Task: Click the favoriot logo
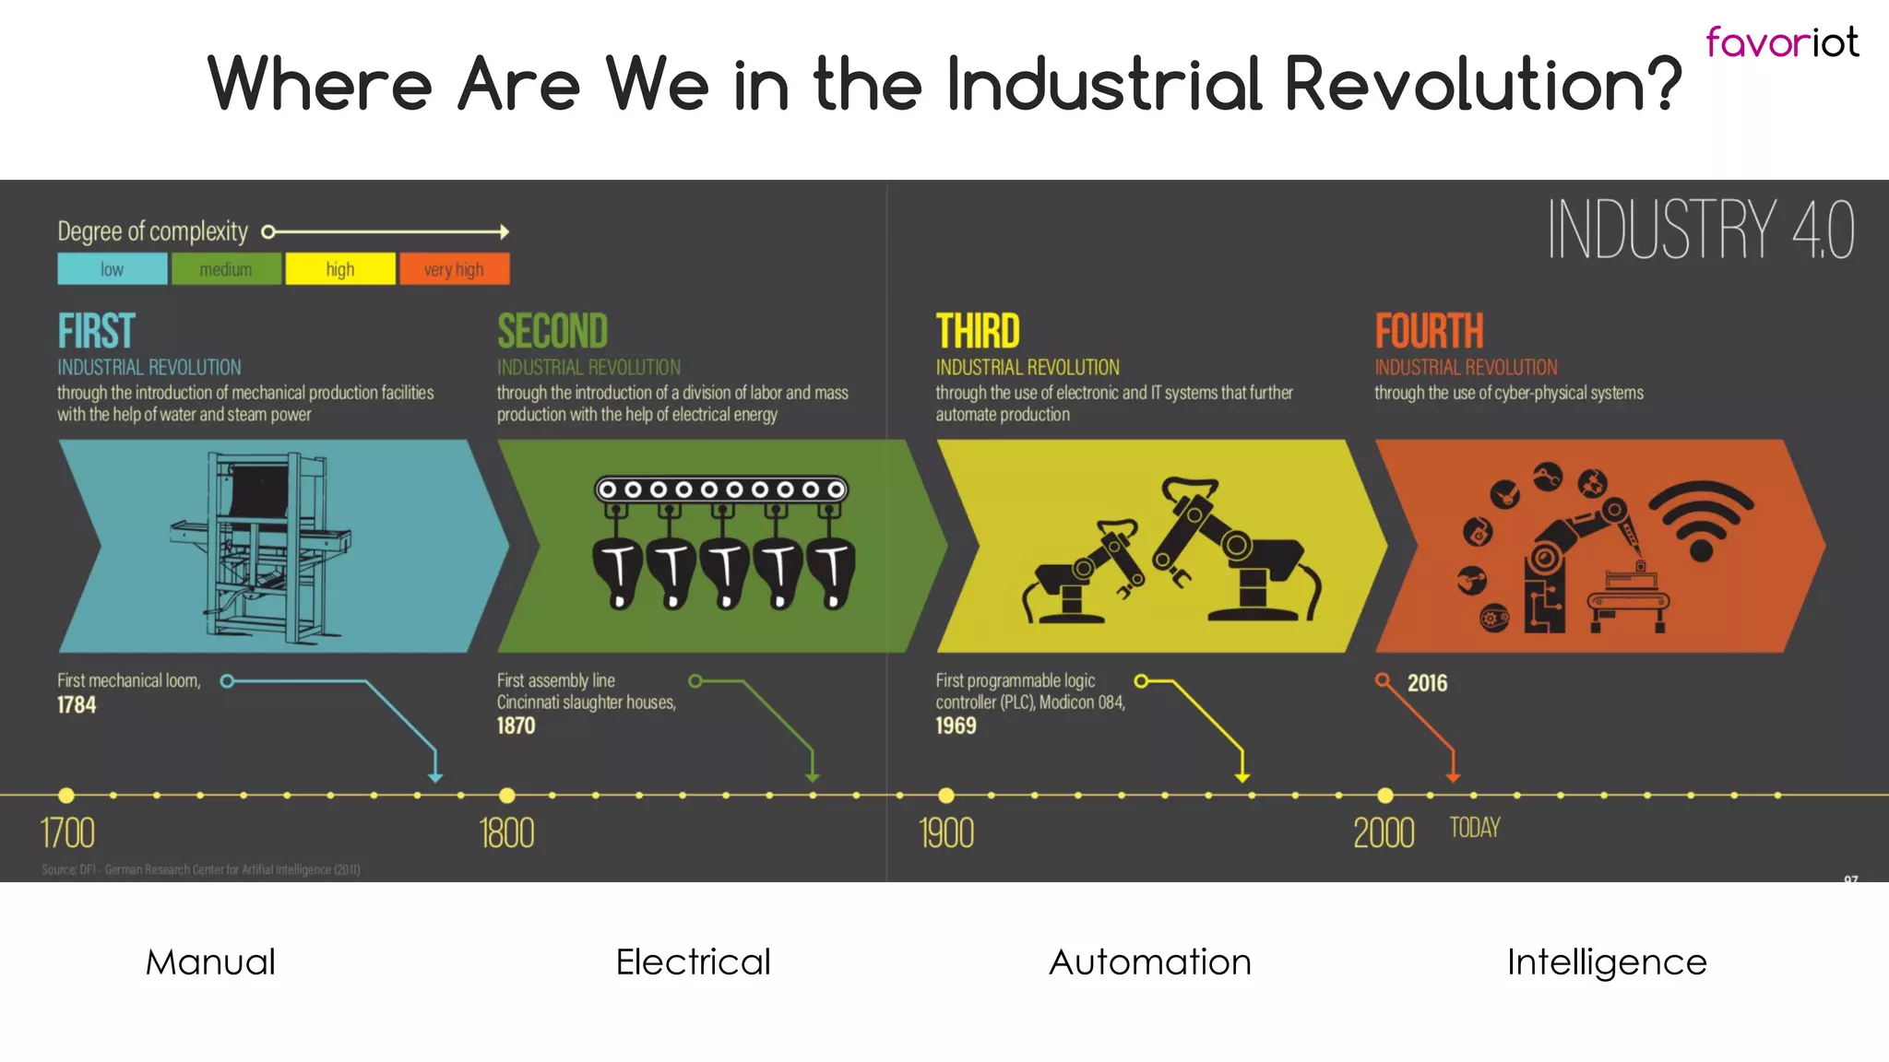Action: [x=1781, y=42]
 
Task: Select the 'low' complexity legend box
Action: [x=113, y=269]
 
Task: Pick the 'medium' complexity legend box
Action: [x=226, y=269]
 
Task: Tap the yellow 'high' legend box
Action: [x=340, y=269]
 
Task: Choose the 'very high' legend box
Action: [x=454, y=269]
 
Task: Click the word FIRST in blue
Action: [x=97, y=331]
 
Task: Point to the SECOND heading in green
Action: [x=552, y=331]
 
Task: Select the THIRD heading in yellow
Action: [x=978, y=331]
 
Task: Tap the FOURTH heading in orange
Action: [x=1429, y=331]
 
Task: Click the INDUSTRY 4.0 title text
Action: [x=1700, y=230]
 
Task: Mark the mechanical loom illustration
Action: [x=261, y=546]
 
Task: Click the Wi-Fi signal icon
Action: [x=1701, y=521]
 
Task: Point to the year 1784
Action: [x=77, y=705]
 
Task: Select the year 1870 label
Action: [x=516, y=726]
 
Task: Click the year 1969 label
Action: [x=956, y=726]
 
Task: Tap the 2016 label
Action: [x=1427, y=683]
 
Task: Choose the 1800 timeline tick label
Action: [x=506, y=833]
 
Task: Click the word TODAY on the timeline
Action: [x=1474, y=828]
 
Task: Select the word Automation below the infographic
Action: [x=1150, y=962]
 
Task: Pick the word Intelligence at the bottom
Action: [x=1607, y=962]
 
